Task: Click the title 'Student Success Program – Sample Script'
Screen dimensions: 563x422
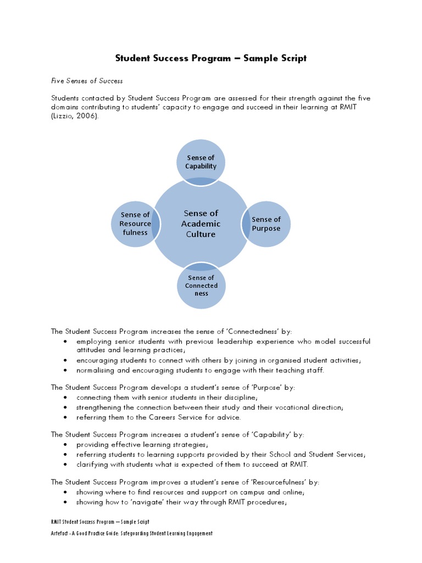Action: coord(210,58)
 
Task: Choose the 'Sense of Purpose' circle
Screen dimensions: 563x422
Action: coord(266,224)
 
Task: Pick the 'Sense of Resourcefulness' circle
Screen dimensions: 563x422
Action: coord(135,224)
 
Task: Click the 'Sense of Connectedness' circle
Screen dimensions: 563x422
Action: coord(201,286)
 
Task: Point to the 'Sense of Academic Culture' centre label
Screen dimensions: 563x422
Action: coord(201,224)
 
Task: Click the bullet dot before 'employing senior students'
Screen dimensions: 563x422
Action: coord(66,341)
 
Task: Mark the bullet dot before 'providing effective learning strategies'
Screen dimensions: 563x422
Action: coord(66,444)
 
